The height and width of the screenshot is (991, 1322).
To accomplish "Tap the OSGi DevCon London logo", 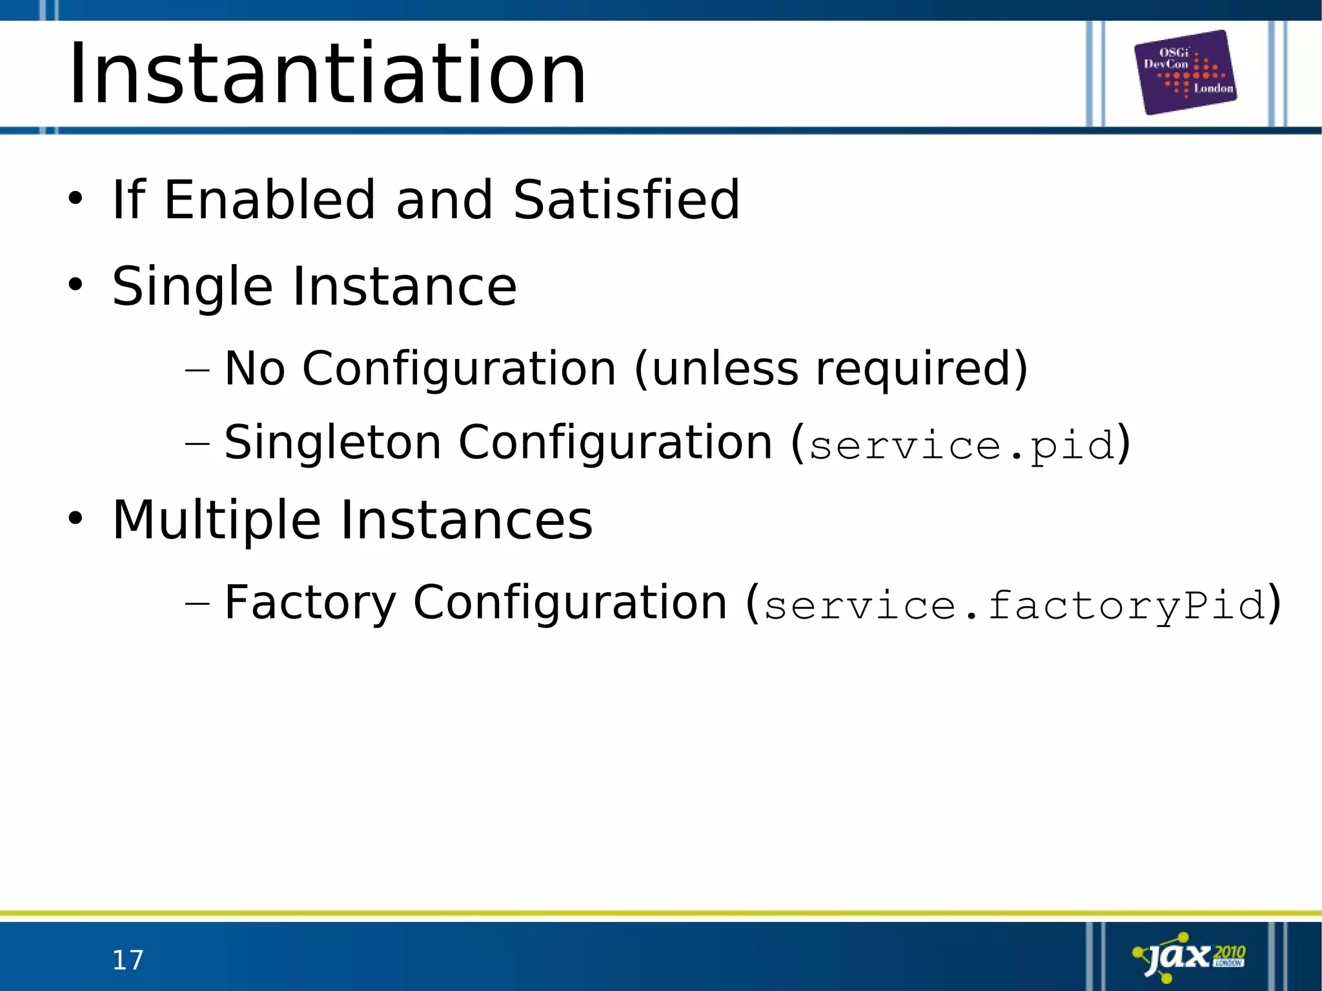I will pyautogui.click(x=1186, y=72).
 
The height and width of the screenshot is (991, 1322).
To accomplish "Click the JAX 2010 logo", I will pyautogui.click(x=1190, y=957).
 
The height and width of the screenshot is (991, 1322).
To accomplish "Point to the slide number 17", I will pyautogui.click(x=128, y=960).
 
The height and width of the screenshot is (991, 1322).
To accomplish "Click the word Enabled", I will pyautogui.click(x=269, y=199).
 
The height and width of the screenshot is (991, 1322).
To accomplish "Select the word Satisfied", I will pyautogui.click(x=626, y=199).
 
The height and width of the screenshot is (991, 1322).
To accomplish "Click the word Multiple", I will pyautogui.click(x=217, y=520).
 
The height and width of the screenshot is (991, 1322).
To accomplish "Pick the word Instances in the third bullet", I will pyautogui.click(x=466, y=520).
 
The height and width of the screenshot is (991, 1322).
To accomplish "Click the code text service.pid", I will pyautogui.click(x=962, y=445).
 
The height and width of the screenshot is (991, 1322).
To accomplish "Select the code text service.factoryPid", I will pyautogui.click(x=1014, y=605).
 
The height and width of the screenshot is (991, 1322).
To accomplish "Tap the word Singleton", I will pyautogui.click(x=332, y=443).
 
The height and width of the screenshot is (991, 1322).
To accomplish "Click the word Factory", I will pyautogui.click(x=310, y=602).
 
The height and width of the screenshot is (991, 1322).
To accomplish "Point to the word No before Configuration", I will pyautogui.click(x=254, y=369).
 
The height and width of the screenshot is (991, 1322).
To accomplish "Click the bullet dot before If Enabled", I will pyautogui.click(x=76, y=198).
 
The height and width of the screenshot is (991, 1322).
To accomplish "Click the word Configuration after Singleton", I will pyautogui.click(x=615, y=443).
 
